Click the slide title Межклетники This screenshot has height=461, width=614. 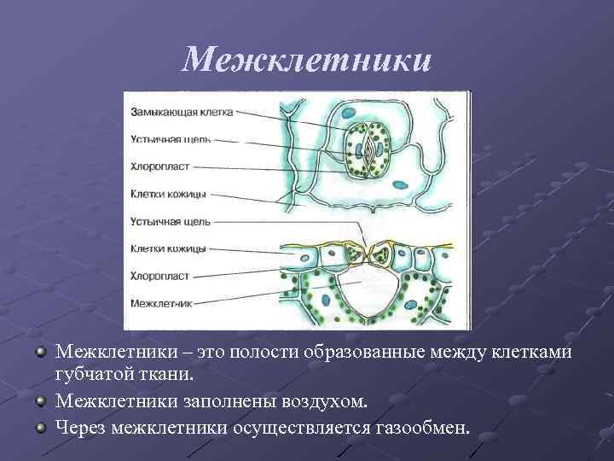coord(307,59)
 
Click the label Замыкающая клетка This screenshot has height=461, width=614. coord(182,111)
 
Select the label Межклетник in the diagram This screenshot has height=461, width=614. coord(161,303)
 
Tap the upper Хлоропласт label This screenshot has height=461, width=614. coord(160,166)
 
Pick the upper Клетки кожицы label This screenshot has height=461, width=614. coord(168,194)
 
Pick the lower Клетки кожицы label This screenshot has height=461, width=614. coord(168,248)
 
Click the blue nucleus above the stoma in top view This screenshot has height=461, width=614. coord(347,111)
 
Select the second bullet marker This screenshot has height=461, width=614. coord(40,400)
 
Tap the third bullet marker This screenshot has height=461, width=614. coord(40,423)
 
